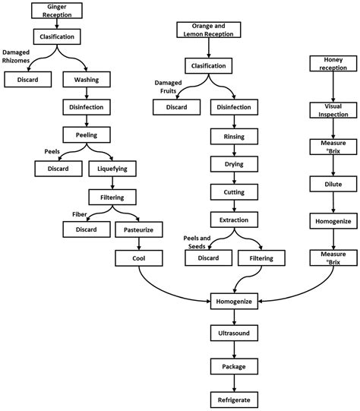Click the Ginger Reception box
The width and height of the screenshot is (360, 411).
pos(57,11)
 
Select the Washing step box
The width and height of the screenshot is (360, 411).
pos(87,80)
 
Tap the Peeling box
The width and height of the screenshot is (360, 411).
pos(87,134)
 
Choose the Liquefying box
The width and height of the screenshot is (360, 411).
pos(112,169)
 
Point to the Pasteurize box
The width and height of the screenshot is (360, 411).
pos(138,229)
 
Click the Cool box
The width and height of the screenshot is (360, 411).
pos(138,258)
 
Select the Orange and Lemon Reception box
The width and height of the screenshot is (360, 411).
pos(209,30)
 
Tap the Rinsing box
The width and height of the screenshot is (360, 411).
pos(234,136)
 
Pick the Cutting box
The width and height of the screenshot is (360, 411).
pos(234,192)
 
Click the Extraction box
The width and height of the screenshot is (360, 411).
pos(234,220)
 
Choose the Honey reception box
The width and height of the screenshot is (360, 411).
pos(333,63)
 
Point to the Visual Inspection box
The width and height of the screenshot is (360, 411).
pos(333,110)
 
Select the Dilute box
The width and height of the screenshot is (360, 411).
pos(333,184)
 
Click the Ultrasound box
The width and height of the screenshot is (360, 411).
pos(234,333)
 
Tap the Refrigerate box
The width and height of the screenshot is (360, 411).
pos(234,400)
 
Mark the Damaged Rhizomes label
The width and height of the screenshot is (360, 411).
pos(16,56)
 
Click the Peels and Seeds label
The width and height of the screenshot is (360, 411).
pos(197,242)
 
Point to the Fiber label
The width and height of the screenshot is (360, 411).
pos(80,214)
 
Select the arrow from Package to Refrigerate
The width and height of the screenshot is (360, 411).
pos(234,383)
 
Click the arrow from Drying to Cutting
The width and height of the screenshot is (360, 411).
pos(234,178)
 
